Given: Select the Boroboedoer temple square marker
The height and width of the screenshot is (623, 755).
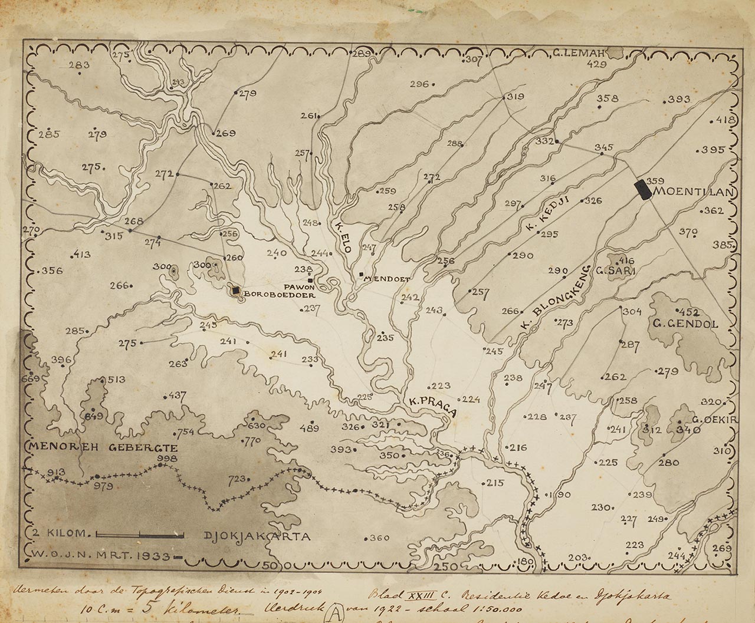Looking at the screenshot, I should [236, 290].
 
